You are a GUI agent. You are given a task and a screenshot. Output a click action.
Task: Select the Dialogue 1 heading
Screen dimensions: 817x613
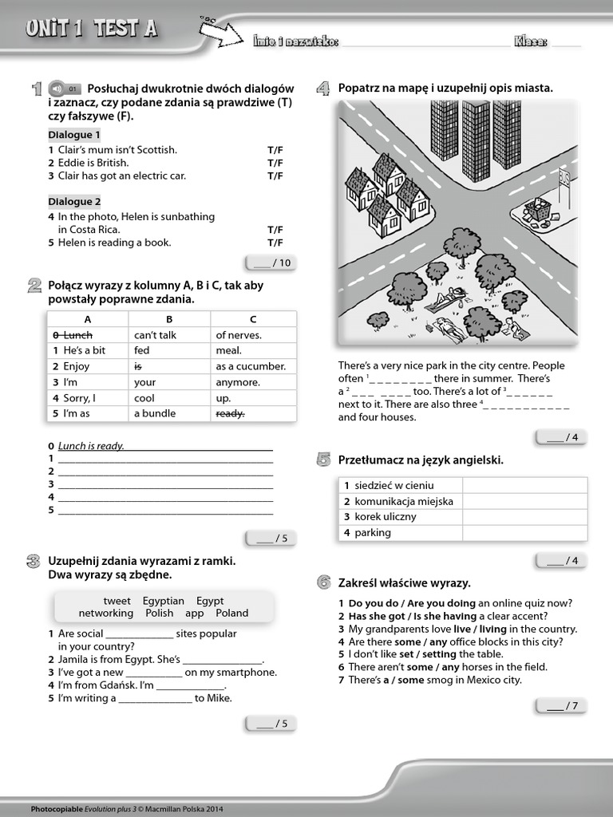tap(74, 135)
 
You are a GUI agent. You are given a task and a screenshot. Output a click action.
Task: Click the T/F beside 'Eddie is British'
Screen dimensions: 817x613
tap(275, 163)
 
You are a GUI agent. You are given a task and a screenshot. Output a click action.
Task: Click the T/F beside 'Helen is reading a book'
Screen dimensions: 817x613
tap(275, 243)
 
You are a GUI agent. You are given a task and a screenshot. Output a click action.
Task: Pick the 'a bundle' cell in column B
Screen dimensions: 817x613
tap(155, 413)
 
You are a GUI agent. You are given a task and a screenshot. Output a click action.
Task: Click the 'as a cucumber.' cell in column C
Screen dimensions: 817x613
tap(251, 366)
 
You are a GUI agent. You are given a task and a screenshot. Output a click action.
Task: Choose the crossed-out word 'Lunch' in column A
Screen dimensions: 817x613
tap(78, 335)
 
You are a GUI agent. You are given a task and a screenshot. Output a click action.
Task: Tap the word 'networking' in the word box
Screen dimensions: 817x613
tap(105, 614)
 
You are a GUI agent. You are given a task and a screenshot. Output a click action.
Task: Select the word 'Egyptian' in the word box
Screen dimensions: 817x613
tap(164, 601)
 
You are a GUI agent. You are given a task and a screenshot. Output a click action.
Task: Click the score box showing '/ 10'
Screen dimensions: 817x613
tap(271, 263)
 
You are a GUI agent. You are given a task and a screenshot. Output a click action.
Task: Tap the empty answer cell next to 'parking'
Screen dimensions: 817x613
tap(524, 533)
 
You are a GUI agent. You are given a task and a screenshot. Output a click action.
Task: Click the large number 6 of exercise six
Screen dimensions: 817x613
tap(323, 582)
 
